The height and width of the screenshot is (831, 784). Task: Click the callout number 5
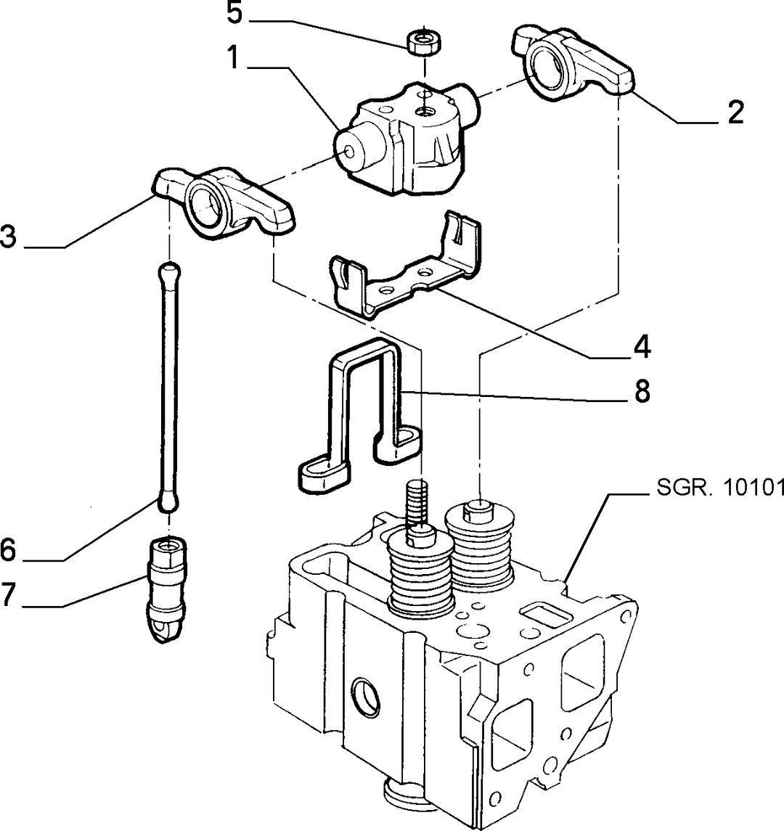(x=234, y=13)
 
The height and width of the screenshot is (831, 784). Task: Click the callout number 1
(x=233, y=57)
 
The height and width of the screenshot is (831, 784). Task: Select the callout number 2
(x=735, y=112)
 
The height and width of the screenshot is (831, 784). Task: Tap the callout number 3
(x=8, y=237)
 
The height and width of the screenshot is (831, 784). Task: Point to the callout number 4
(x=642, y=347)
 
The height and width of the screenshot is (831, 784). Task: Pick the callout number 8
(x=642, y=392)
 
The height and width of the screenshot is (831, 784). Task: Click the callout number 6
(x=8, y=551)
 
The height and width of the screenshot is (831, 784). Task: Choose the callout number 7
(x=8, y=594)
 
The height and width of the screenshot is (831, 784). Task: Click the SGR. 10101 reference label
(x=720, y=488)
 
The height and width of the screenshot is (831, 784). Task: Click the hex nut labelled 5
(x=423, y=41)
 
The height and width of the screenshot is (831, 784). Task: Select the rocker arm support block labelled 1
(x=407, y=138)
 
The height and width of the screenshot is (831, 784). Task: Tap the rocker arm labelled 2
(x=573, y=62)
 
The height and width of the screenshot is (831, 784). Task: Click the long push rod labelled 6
(x=168, y=386)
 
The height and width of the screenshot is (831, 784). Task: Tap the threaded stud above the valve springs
(x=417, y=506)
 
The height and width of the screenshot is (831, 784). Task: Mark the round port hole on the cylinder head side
(x=367, y=697)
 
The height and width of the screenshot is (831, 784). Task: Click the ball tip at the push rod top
(x=169, y=271)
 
